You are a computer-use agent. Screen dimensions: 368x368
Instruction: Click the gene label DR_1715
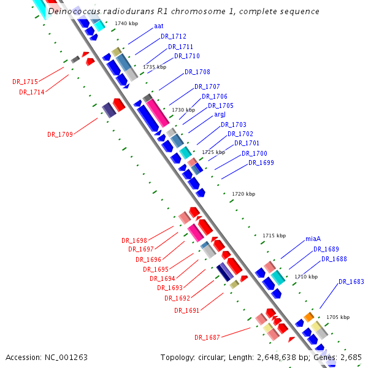[x=25, y=82]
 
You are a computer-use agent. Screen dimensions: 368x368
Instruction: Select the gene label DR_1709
[x=60, y=134]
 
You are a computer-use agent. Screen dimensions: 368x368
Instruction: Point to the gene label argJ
[x=220, y=115]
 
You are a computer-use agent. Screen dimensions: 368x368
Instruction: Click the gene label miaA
[x=313, y=239]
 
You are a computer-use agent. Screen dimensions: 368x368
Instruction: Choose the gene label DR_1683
[x=351, y=282]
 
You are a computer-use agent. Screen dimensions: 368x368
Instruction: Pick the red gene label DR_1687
[x=207, y=337]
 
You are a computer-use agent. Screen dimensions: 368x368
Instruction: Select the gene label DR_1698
[x=134, y=240]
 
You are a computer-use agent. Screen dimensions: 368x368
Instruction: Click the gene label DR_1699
[x=261, y=163]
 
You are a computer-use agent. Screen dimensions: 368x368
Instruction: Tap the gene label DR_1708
[x=197, y=72]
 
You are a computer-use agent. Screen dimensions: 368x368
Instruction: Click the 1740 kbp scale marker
[x=126, y=23]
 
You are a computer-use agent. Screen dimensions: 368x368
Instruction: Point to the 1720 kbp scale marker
[x=243, y=194]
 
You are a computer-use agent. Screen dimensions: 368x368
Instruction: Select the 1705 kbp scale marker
[x=337, y=317]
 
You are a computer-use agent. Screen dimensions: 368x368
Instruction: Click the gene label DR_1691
[x=187, y=310]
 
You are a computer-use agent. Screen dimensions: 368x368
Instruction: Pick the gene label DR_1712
[x=174, y=37]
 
